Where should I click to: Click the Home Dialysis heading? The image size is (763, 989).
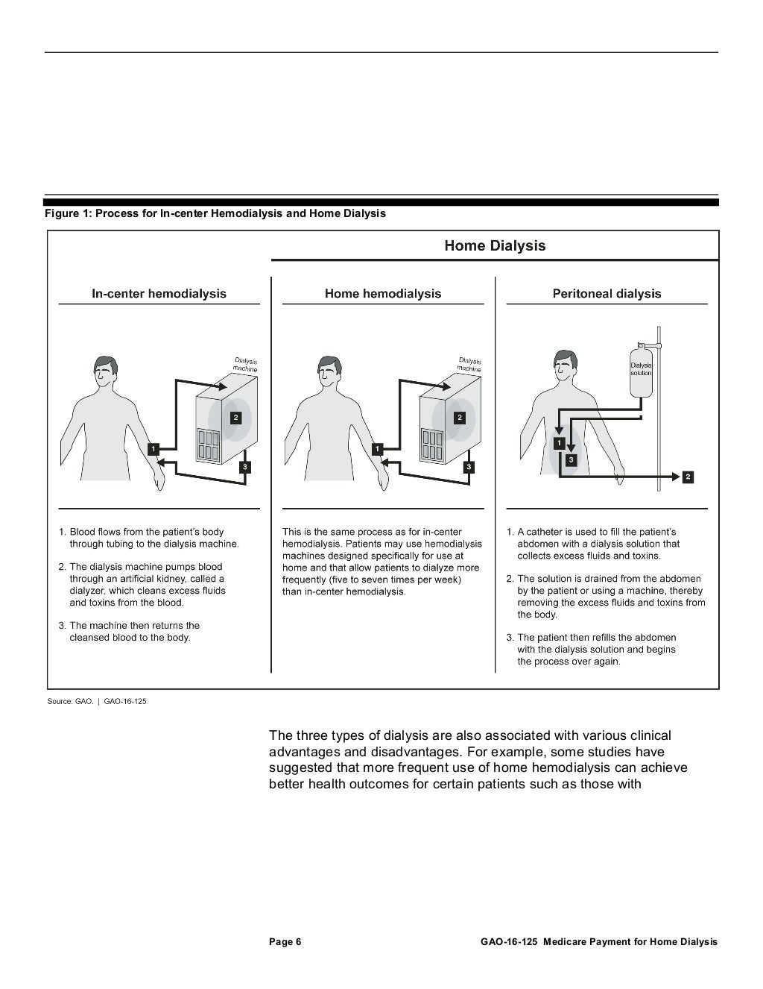(x=495, y=246)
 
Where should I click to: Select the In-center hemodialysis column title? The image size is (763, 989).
(x=159, y=294)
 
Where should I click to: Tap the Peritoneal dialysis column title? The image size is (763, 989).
(x=607, y=294)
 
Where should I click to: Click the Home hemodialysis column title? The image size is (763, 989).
(x=382, y=294)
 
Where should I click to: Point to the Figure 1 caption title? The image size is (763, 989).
(x=215, y=214)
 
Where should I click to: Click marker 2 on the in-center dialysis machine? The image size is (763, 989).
(x=235, y=418)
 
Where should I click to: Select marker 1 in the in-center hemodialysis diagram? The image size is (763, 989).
(x=153, y=449)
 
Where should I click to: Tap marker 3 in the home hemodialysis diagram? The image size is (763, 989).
(x=469, y=467)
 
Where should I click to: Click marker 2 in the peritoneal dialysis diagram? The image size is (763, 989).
(x=687, y=477)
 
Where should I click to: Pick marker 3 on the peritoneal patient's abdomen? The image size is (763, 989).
(x=571, y=460)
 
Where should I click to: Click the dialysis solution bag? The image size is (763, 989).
(x=641, y=371)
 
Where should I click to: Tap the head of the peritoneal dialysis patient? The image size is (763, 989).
(x=565, y=364)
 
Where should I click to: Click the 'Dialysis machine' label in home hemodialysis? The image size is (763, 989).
(x=469, y=364)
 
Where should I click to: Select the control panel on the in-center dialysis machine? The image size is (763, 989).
(x=209, y=445)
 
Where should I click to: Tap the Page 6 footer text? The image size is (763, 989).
(x=285, y=942)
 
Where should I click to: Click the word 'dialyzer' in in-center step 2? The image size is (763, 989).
(x=89, y=591)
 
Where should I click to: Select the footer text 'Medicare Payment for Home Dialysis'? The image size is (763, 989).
(x=630, y=942)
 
